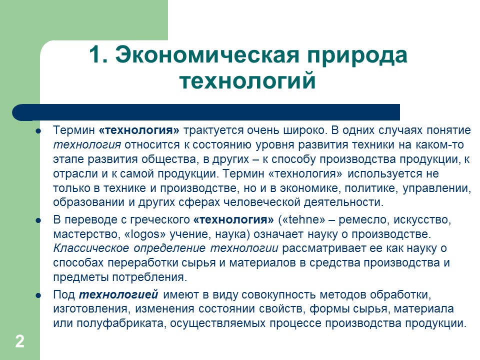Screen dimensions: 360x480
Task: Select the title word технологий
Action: (x=247, y=81)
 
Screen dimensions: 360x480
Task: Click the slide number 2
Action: (x=19, y=342)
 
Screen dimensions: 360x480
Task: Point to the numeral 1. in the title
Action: (x=99, y=55)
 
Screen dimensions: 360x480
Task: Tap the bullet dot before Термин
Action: (x=38, y=131)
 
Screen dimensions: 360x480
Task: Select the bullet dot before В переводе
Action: (x=38, y=220)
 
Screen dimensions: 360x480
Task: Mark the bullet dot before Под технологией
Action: (x=38, y=294)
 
